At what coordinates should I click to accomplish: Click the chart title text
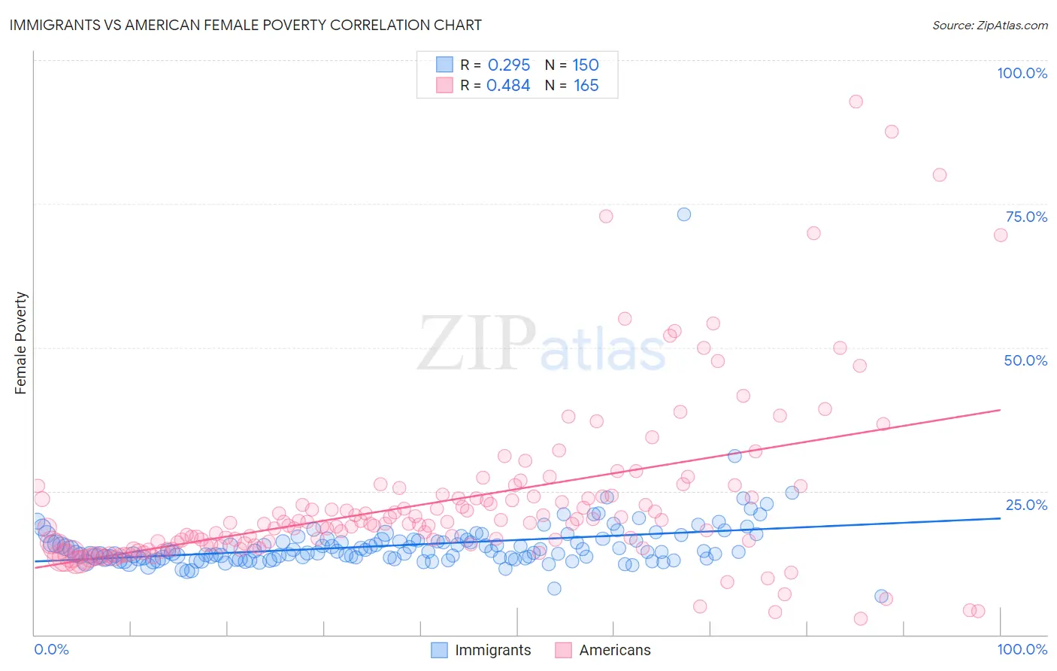(x=245, y=25)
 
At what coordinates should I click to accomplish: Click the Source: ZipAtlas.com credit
(x=989, y=25)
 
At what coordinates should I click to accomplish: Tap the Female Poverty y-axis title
(x=21, y=343)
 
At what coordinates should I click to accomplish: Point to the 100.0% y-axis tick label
(x=1022, y=73)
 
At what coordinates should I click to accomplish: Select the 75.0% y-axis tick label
(x=1026, y=217)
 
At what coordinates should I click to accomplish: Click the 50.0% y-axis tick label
(x=1025, y=360)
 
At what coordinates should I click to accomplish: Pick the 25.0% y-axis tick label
(x=1026, y=504)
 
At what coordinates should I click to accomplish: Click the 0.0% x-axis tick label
(x=51, y=649)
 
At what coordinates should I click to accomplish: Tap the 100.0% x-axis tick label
(x=1022, y=649)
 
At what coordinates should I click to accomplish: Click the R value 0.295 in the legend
(x=509, y=65)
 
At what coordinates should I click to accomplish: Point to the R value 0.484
(x=508, y=86)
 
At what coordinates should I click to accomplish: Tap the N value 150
(x=586, y=65)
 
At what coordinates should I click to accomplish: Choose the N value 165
(x=586, y=86)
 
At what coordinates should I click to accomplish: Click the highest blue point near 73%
(x=683, y=214)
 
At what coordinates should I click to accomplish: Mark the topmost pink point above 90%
(x=856, y=102)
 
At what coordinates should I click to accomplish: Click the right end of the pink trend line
(x=1000, y=410)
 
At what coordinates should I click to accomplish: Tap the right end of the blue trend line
(x=1000, y=518)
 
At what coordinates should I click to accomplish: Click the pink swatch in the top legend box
(x=444, y=86)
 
